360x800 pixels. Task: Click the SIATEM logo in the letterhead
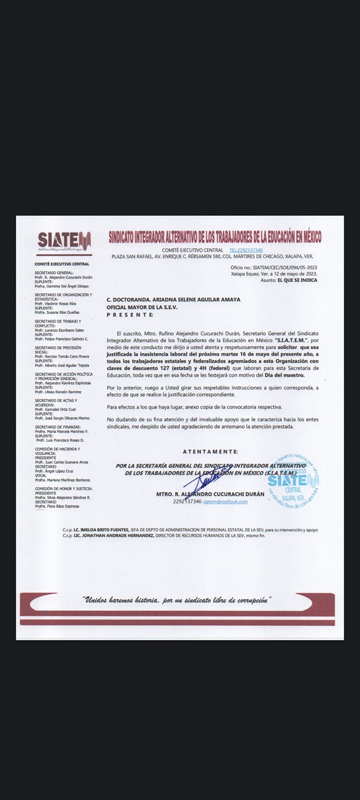(64, 240)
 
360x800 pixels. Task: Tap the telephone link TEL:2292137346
(246, 250)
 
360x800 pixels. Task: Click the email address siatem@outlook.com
(225, 501)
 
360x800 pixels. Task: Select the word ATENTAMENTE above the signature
(210, 451)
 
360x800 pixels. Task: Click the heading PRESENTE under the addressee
(129, 314)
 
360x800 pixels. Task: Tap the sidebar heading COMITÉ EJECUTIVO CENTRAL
(62, 264)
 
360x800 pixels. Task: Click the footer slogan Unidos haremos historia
(176, 600)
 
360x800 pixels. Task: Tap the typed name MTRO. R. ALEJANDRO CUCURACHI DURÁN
(210, 494)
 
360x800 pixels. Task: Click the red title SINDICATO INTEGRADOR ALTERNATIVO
(215, 237)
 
